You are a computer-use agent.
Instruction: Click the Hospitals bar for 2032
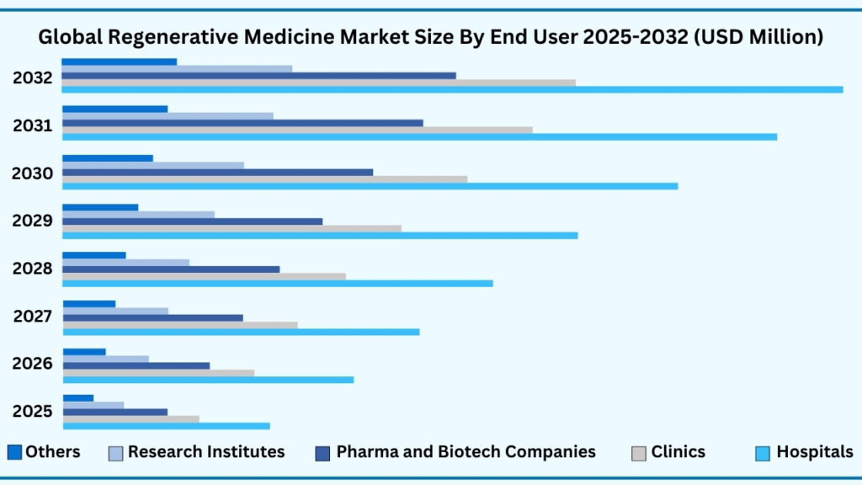[452, 89]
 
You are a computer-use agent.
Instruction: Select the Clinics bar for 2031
[297, 130]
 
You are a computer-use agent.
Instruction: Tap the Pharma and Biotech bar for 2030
[217, 172]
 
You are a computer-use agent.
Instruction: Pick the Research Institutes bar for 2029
[138, 215]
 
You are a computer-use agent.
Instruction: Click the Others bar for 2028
[93, 255]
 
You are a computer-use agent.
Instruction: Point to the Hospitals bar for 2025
[166, 426]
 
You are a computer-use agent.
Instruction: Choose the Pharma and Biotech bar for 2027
[152, 317]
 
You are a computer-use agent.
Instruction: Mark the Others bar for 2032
[119, 61]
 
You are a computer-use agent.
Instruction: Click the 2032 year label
[33, 78]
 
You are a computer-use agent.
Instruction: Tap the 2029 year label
[33, 221]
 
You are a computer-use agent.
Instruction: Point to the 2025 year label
[33, 412]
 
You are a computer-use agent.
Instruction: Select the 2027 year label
[33, 317]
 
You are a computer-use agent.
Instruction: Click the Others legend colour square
[14, 452]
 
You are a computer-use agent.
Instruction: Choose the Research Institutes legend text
[206, 452]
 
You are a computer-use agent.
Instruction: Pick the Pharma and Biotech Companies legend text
[466, 452]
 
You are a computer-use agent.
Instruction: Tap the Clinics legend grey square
[638, 453]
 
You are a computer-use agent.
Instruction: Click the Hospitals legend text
[814, 452]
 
